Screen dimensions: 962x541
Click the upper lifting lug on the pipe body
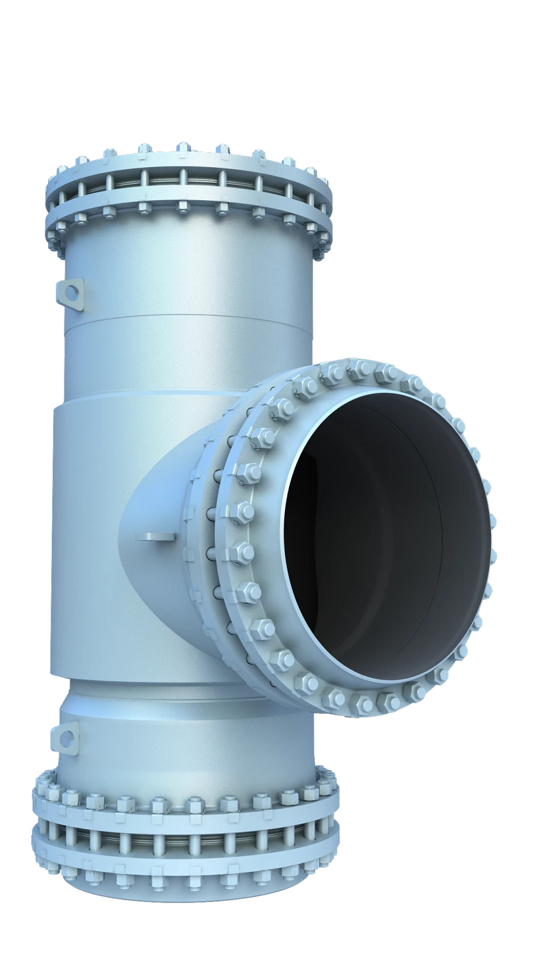[70, 293]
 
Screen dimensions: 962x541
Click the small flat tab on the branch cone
[155, 535]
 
